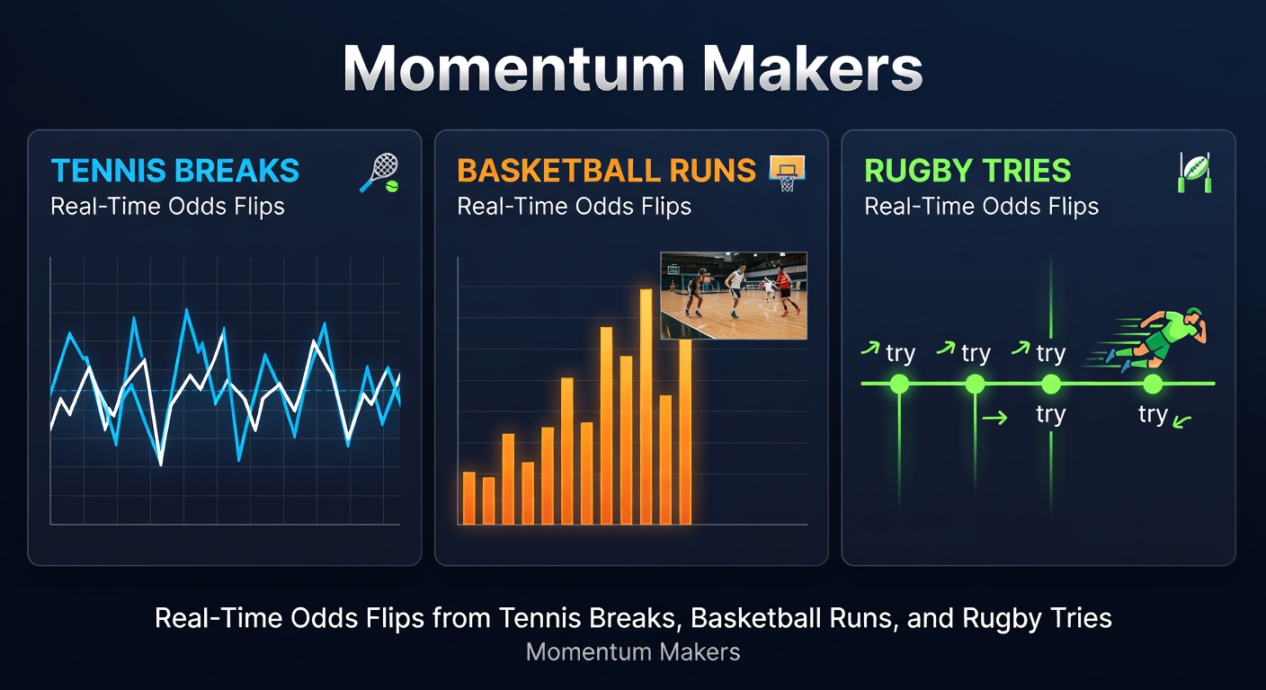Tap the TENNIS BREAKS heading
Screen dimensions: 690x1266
(175, 171)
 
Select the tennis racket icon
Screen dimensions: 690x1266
(379, 172)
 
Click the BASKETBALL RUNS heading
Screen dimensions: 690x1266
(606, 171)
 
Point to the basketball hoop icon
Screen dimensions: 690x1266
(787, 172)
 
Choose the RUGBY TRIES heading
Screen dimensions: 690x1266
(967, 171)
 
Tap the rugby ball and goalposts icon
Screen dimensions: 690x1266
(1194, 172)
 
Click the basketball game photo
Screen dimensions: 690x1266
(734, 295)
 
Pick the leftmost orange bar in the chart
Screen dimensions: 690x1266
(468, 498)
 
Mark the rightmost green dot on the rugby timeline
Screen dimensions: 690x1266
(1153, 385)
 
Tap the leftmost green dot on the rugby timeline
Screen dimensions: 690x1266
(899, 385)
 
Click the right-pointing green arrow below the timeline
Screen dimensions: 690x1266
(994, 417)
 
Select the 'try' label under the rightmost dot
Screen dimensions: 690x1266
(1153, 414)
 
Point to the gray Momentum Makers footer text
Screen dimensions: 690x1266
(633, 652)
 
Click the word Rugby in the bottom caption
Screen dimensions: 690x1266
(997, 618)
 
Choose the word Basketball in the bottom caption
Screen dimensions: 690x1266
(745, 618)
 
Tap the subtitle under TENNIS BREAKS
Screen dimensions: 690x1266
(167, 206)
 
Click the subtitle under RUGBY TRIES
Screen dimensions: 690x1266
(981, 206)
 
